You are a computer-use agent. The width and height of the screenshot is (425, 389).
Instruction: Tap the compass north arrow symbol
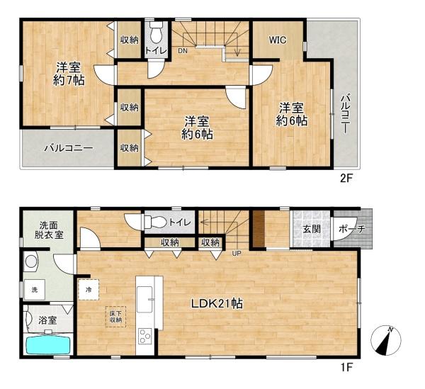[x=386, y=341]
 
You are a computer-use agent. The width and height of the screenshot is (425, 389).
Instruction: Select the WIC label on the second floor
[x=278, y=40]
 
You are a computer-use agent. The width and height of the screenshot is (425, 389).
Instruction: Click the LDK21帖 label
[x=217, y=304]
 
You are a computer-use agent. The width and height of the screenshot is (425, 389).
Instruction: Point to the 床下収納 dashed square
[x=115, y=317]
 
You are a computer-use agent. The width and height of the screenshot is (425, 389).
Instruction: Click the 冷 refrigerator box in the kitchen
[x=89, y=290]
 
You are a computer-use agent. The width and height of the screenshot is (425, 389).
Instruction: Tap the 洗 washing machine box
[x=35, y=290]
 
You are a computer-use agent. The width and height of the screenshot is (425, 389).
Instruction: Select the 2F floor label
[x=346, y=179]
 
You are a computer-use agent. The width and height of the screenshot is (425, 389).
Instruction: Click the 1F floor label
[x=346, y=367]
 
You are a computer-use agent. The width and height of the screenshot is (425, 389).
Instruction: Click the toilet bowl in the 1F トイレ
[x=155, y=222]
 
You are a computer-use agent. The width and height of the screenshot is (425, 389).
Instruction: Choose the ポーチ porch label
[x=352, y=229]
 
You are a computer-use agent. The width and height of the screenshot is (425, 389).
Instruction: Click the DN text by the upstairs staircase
[x=183, y=51]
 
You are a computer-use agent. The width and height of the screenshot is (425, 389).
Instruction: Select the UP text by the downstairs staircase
[x=237, y=254]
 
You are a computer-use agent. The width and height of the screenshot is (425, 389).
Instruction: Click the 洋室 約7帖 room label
[x=69, y=74]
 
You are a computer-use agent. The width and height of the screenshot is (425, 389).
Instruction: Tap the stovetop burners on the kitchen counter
[x=144, y=336]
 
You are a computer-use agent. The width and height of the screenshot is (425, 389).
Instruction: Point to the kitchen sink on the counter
[x=145, y=299]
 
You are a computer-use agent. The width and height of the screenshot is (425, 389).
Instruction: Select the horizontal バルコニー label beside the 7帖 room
[x=69, y=148]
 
